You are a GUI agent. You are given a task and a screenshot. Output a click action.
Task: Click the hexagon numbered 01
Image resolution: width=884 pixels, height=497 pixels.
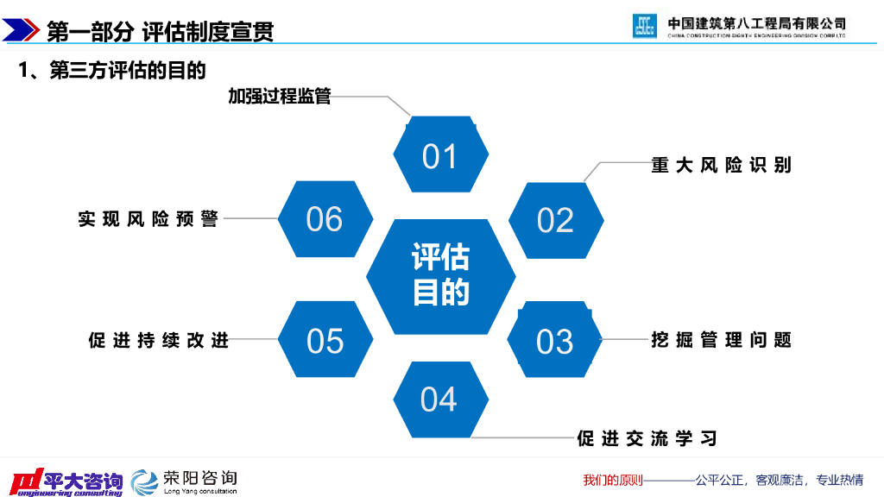(x=440, y=155)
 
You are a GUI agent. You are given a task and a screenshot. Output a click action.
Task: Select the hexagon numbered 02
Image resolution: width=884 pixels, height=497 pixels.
(x=555, y=220)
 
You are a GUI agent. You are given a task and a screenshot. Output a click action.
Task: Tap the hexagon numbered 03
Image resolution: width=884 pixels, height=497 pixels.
(x=555, y=341)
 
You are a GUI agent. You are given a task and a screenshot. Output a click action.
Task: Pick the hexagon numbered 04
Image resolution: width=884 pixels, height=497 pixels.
(x=439, y=399)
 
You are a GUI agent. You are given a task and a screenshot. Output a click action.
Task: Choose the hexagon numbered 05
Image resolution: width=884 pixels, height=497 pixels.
(x=325, y=341)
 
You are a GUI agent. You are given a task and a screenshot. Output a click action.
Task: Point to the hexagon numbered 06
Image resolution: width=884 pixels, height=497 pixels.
(x=325, y=219)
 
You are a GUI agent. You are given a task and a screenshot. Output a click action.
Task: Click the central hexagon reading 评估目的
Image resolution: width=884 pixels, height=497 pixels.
(x=440, y=276)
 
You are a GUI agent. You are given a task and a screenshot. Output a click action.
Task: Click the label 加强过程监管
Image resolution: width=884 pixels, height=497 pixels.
(x=279, y=96)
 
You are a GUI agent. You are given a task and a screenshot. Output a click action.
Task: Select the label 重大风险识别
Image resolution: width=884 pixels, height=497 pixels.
(x=721, y=165)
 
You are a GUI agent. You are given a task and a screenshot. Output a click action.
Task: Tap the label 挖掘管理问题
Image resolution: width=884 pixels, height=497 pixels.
(x=721, y=340)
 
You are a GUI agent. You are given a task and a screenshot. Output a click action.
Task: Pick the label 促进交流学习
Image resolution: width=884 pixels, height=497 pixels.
(x=647, y=438)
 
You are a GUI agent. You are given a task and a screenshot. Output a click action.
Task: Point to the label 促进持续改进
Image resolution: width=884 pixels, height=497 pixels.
(x=159, y=340)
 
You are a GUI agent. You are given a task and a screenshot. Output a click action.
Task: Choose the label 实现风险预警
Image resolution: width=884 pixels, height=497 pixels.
(x=148, y=219)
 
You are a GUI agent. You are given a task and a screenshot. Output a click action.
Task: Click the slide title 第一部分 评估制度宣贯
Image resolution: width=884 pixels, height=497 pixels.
(x=160, y=32)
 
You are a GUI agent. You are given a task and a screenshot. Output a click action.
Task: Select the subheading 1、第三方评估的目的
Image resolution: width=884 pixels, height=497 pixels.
(x=112, y=71)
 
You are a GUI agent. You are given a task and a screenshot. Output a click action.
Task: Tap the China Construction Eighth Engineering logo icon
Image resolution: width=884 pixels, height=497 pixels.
(x=645, y=26)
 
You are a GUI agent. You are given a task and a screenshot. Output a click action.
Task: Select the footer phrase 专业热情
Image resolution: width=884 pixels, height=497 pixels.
(x=840, y=480)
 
